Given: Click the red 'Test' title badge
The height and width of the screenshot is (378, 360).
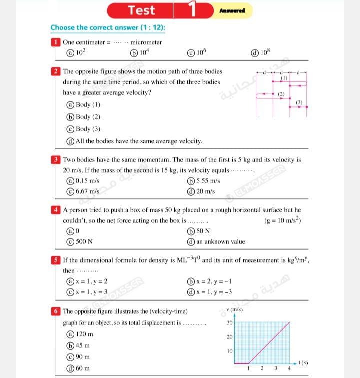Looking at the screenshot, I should point(142,10).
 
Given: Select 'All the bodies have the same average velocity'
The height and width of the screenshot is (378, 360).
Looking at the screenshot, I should point(135,141).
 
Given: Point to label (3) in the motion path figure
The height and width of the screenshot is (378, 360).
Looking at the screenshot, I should point(300,102).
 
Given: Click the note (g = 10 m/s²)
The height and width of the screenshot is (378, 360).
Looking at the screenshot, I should point(282,221).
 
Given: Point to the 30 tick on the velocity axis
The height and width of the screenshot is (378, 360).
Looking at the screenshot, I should point(230,323).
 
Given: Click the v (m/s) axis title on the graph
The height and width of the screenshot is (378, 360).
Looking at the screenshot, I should point(234,310).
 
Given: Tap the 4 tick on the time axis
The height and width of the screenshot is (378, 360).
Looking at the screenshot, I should point(289,368).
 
